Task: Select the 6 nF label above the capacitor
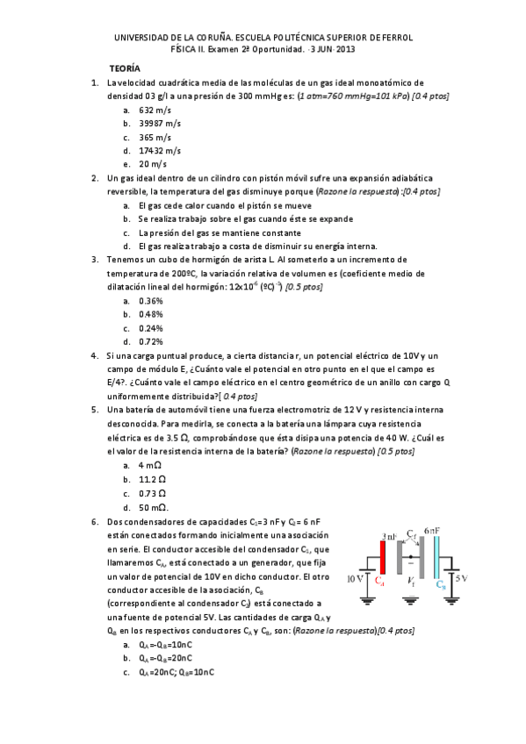pyautogui.click(x=430, y=531)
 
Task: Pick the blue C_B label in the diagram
pyautogui.click(x=451, y=582)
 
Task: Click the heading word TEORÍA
pyautogui.click(x=123, y=68)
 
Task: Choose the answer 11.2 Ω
pyautogui.click(x=153, y=480)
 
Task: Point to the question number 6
pyautogui.click(x=94, y=521)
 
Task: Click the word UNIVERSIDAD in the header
pyautogui.click(x=144, y=38)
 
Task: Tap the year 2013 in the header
pyautogui.click(x=344, y=50)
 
